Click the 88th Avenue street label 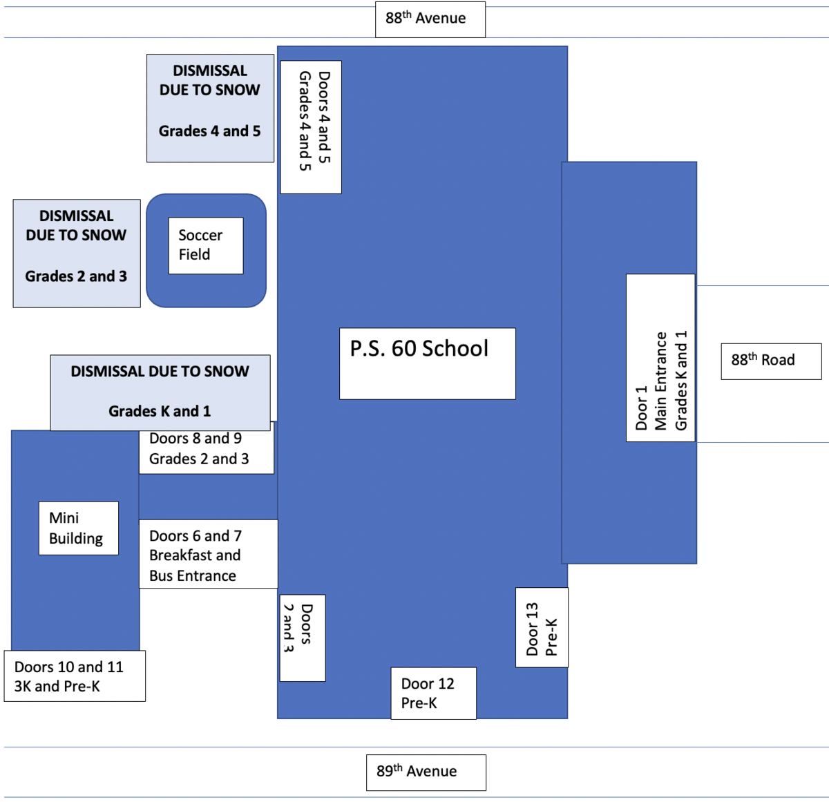tap(430, 19)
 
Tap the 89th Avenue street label tap(426, 772)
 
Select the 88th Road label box tap(771, 361)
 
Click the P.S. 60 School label tap(427, 363)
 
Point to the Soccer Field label tap(206, 246)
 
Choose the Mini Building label tap(78, 528)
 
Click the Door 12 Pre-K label tap(433, 693)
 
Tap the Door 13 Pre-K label tap(542, 628)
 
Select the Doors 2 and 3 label tap(302, 638)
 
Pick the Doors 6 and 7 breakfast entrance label tap(208, 555)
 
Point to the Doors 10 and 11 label tap(75, 676)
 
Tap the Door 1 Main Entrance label tap(660, 358)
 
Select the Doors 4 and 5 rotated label tap(311, 127)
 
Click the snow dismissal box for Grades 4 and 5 tap(210, 108)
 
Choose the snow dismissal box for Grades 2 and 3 tap(77, 254)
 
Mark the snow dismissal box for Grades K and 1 tap(160, 392)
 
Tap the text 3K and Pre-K tap(57, 687)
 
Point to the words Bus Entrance tap(193, 576)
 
